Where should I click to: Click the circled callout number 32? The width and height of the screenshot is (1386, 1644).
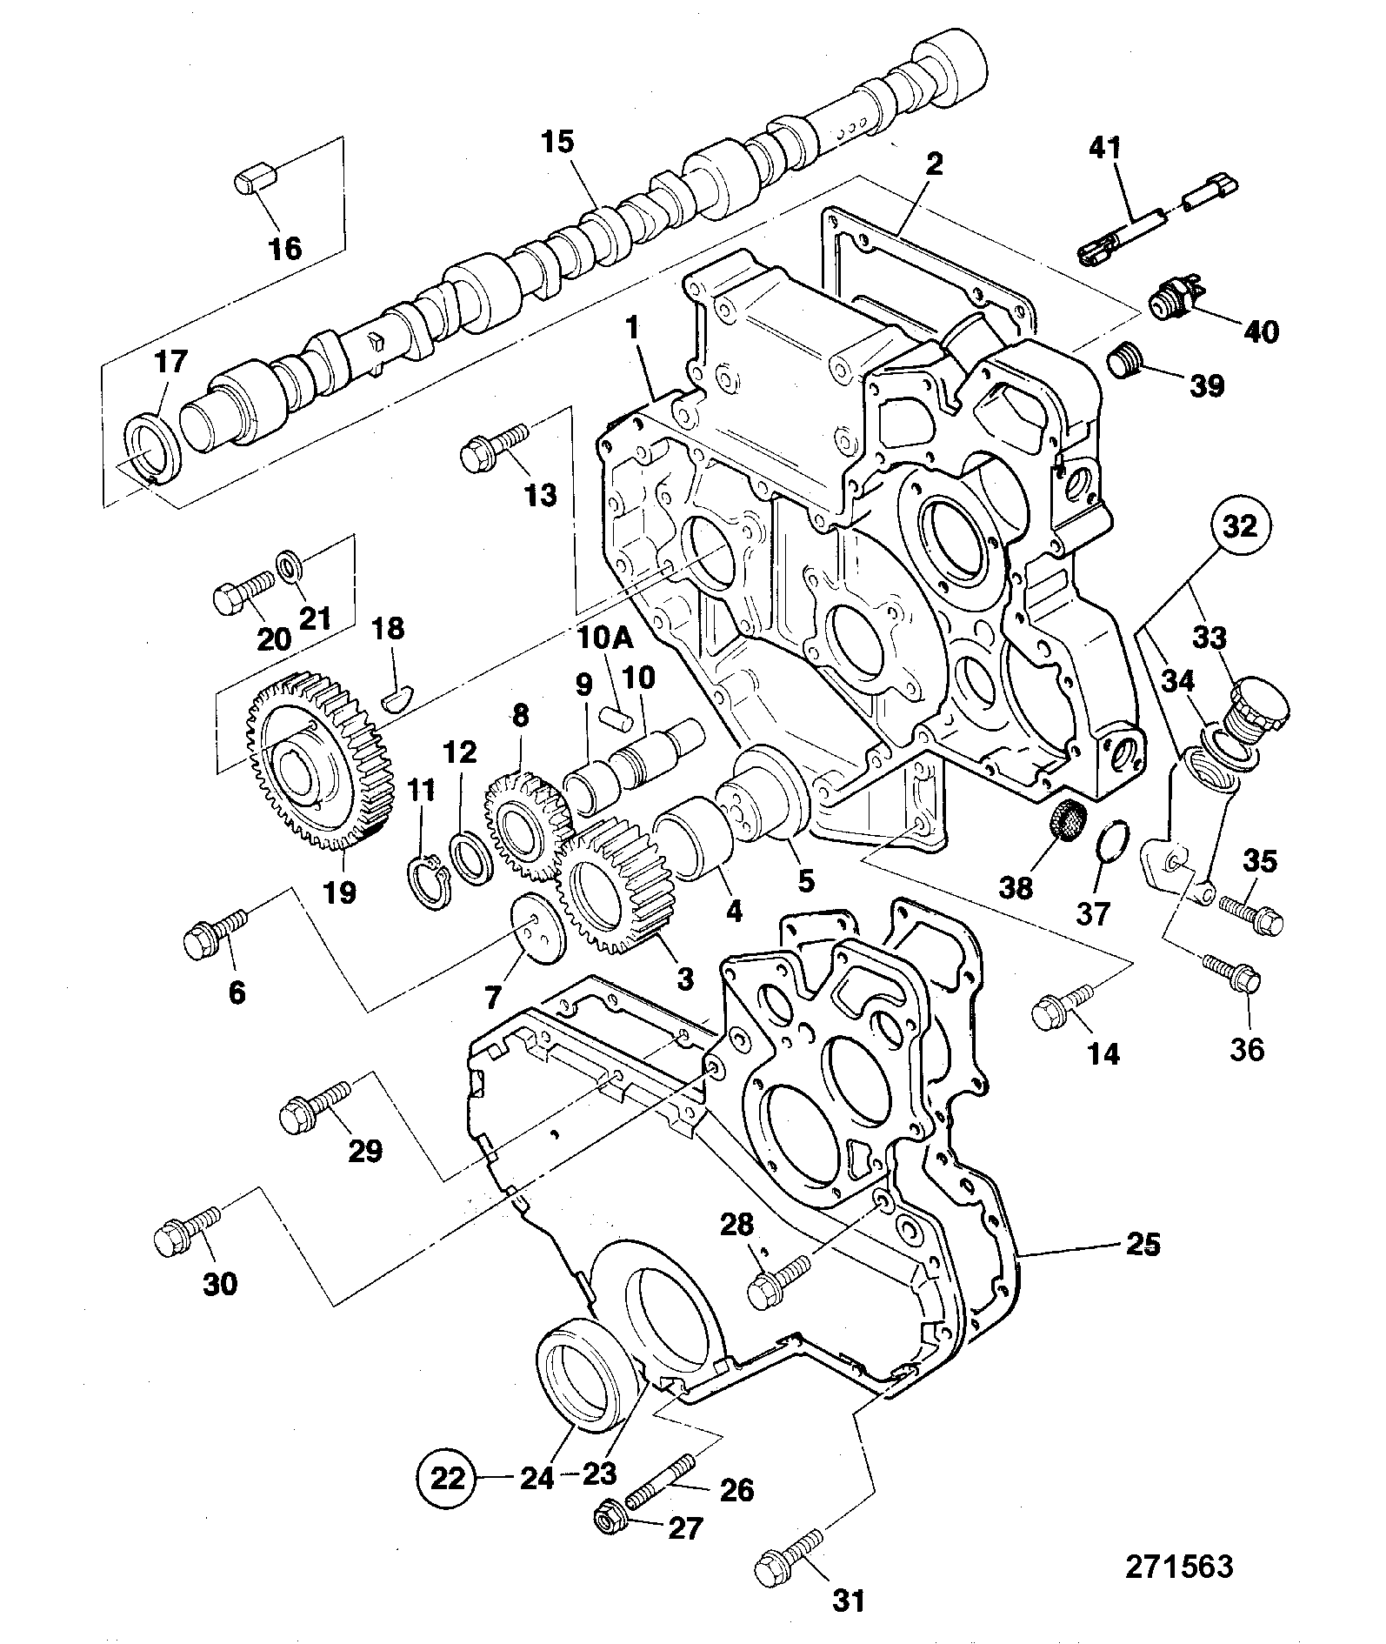pyautogui.click(x=1241, y=525)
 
